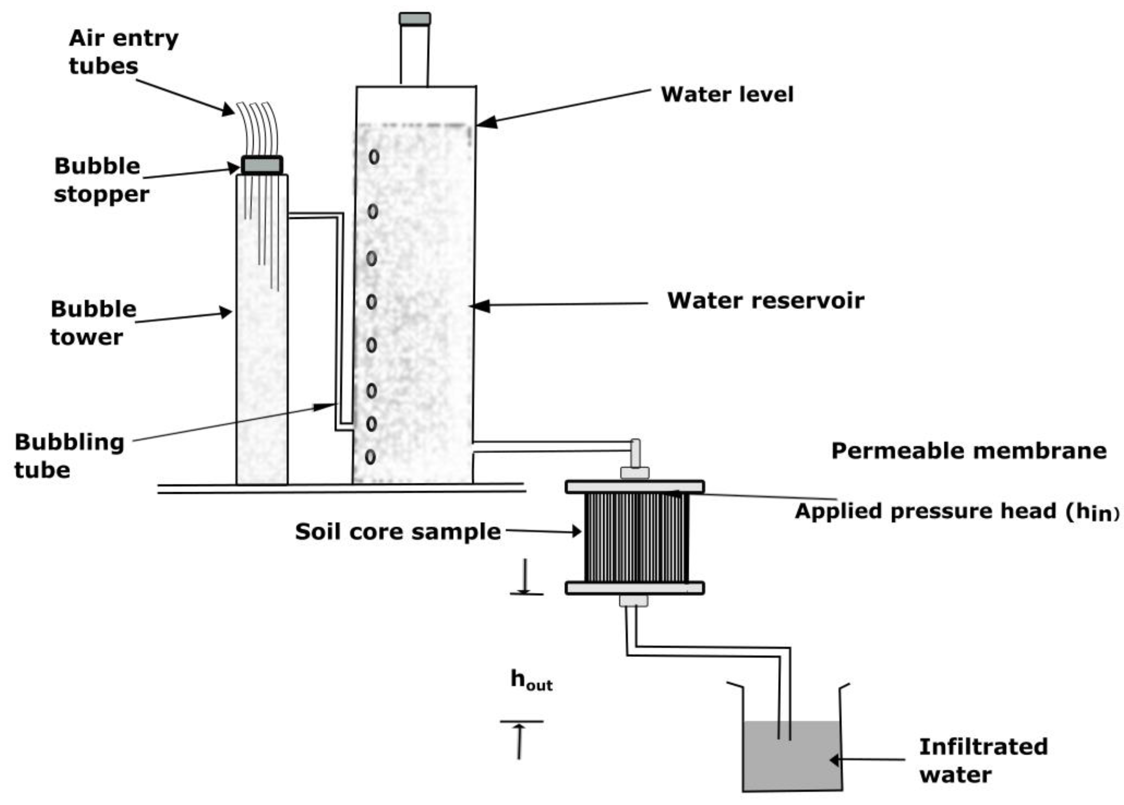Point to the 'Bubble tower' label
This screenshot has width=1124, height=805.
pyautogui.click(x=93, y=323)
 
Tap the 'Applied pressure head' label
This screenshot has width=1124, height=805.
pyautogui.click(x=956, y=511)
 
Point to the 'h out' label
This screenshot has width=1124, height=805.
pyautogui.click(x=531, y=680)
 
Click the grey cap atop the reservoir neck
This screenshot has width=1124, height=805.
pyautogui.click(x=415, y=19)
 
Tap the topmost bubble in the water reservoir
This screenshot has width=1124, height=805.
pyautogui.click(x=374, y=157)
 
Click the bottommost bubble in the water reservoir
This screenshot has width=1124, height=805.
pyautogui.click(x=370, y=457)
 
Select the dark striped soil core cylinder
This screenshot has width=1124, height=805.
pyautogui.click(x=636, y=538)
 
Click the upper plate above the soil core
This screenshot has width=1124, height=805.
pyautogui.click(x=635, y=487)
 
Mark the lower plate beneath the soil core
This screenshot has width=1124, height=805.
pyautogui.click(x=635, y=588)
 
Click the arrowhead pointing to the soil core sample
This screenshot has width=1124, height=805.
pyautogui.click(x=576, y=532)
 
